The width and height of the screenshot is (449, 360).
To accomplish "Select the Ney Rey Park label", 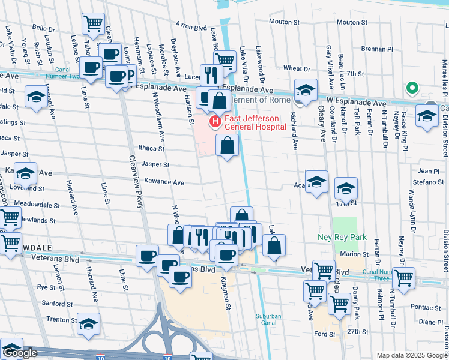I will [x=342, y=237].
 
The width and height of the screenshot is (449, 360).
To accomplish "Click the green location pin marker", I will [x=412, y=89].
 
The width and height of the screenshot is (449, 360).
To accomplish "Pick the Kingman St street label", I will [x=226, y=298].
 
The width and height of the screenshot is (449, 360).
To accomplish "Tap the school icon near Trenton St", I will [x=88, y=324].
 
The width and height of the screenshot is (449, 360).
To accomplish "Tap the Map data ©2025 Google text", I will [x=412, y=355].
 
